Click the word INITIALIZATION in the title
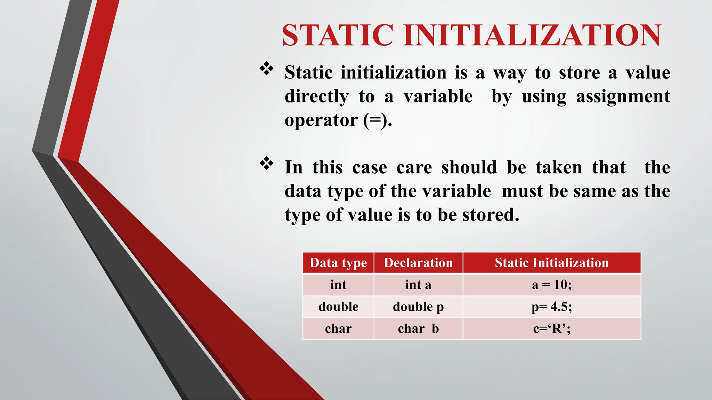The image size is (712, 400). point(532,35)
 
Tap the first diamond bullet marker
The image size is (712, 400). point(267,69)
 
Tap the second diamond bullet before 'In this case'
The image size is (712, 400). point(267,164)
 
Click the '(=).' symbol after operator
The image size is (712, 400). point(378,120)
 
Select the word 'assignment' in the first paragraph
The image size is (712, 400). point(623,96)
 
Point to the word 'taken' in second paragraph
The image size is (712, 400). point(559,167)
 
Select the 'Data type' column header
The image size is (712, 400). point(338,263)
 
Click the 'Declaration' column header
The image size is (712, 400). point(418,263)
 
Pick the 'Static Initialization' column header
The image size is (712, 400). point(552,263)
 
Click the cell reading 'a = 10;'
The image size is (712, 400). point(552,285)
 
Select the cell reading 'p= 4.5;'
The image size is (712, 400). point(552,307)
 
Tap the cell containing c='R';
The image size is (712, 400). point(552,329)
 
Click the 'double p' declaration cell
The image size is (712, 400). point(418,307)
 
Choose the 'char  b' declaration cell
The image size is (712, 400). point(418,329)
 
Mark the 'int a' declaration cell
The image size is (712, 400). point(418,285)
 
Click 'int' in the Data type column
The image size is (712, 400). point(338,285)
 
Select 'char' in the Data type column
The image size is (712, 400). point(338,329)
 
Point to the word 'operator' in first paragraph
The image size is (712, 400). point(321,120)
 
